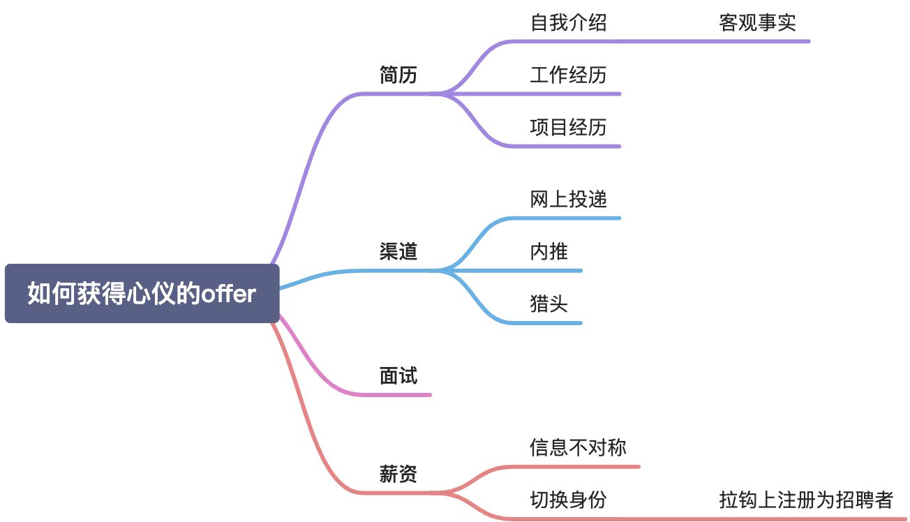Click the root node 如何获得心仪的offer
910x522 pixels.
(x=142, y=294)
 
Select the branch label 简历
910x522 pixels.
(x=398, y=75)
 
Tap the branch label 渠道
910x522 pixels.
(x=398, y=252)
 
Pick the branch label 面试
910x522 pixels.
(x=398, y=376)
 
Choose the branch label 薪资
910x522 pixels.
(x=398, y=475)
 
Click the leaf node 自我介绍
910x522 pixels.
(x=568, y=23)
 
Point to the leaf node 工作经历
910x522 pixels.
(x=568, y=75)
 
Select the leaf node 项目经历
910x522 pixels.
(x=568, y=127)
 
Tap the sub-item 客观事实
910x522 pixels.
(x=757, y=23)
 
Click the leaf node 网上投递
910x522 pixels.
(x=568, y=200)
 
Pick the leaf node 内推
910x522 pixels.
(x=549, y=252)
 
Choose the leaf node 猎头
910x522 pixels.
(x=549, y=304)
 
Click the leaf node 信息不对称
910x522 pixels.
(x=578, y=447)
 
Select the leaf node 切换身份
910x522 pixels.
(x=568, y=500)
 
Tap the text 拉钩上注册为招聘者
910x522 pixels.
(x=806, y=500)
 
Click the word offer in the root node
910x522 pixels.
(x=228, y=294)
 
